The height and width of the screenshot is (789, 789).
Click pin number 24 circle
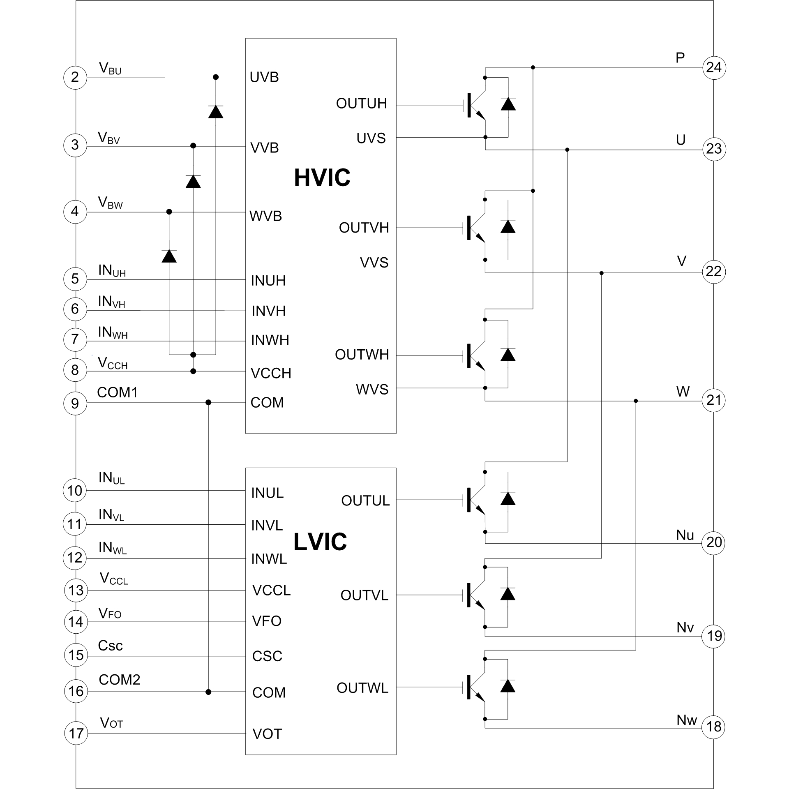714,67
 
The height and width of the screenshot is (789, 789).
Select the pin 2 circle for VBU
75,77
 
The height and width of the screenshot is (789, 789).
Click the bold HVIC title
322,178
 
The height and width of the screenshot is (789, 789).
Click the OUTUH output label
361,104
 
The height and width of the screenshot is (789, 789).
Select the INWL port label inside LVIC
269,559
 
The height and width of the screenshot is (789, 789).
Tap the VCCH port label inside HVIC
271,373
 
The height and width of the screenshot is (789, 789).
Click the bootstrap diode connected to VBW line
169,256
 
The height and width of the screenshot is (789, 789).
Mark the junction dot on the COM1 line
208,402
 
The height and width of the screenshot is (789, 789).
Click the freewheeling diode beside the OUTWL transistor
508,686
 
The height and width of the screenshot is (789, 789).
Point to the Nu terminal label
685,535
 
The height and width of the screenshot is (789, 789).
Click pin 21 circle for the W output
714,400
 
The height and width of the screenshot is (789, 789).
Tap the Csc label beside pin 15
110,646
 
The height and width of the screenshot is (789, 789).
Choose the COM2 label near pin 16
119,680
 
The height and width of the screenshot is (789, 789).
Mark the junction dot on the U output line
567,150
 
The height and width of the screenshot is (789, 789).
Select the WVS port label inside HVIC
372,389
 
